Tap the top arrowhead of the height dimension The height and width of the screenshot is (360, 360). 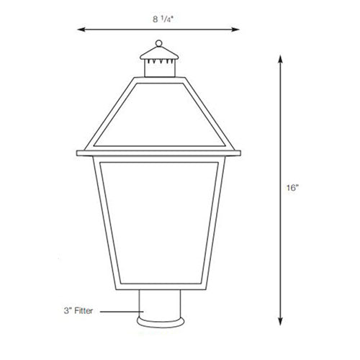(278, 60)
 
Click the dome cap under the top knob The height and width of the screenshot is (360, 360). (158, 53)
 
